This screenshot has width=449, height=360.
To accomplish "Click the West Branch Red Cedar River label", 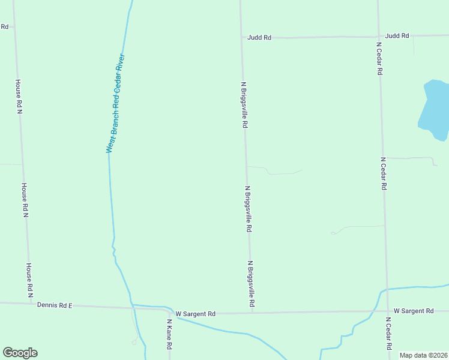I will coord(115,103).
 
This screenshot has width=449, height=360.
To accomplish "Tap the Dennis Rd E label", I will coord(55,305).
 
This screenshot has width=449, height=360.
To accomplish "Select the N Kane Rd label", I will coord(170,334).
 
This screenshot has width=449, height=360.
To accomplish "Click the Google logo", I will coord(20,353).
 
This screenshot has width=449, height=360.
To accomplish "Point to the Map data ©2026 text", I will coord(423,355).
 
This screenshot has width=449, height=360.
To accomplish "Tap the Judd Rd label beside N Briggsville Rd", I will coord(259,37).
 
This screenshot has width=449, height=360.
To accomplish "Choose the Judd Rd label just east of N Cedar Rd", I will coord(397,36).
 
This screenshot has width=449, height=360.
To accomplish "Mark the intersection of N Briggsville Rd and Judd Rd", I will coord(241,37).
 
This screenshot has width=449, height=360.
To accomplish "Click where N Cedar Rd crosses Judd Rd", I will coord(379,37).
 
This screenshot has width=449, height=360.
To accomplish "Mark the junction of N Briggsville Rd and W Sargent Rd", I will coord(252,313).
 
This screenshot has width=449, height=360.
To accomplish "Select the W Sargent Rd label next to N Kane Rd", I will coord(195,314).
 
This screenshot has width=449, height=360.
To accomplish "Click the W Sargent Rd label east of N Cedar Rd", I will coord(414,311).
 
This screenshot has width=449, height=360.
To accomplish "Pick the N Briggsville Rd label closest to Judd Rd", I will coord(244,105).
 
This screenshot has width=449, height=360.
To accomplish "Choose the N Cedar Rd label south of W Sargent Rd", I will coord(388,334).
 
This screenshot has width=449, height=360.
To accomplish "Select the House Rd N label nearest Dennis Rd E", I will coord(29,281).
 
